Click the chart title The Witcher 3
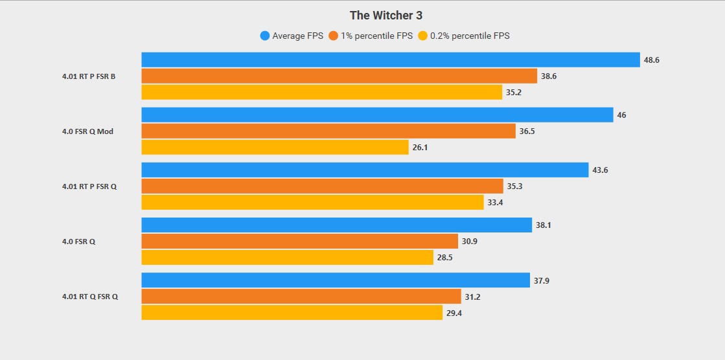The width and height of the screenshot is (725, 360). (x=386, y=15)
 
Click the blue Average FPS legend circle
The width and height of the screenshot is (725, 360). (x=264, y=36)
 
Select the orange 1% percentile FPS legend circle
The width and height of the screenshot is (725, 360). (x=334, y=36)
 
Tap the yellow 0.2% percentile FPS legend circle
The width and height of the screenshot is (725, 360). (x=423, y=36)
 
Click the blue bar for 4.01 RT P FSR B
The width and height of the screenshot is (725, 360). (x=391, y=60)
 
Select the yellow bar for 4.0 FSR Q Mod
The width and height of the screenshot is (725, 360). (x=275, y=147)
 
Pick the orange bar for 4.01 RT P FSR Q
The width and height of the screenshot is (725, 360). (x=322, y=186)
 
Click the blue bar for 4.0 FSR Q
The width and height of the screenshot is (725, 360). (x=337, y=225)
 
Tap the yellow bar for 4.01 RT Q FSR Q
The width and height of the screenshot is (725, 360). (x=292, y=313)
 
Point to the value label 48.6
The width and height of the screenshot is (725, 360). (x=651, y=60)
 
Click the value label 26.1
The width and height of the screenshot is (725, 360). (x=420, y=148)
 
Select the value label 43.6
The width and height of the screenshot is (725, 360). (x=599, y=170)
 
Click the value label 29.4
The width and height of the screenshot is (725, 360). (x=454, y=313)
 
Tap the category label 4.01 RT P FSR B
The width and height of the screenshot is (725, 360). (x=89, y=76)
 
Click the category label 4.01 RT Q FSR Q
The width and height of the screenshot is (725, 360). (x=90, y=297)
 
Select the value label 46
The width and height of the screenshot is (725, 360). (x=621, y=115)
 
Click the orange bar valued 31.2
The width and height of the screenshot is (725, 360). (x=301, y=297)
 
